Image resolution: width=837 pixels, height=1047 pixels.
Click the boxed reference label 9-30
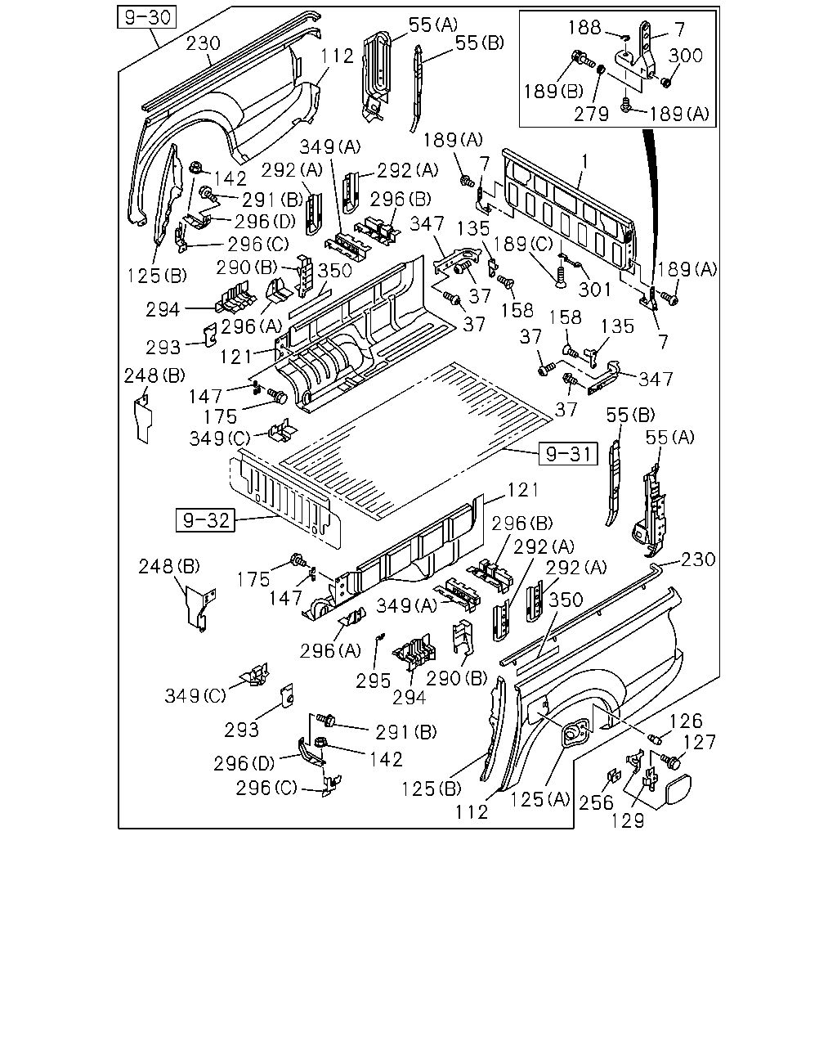pos(147,17)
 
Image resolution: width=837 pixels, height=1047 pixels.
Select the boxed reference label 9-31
pos(568,453)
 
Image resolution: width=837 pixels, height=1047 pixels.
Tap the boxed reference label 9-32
pos(205,520)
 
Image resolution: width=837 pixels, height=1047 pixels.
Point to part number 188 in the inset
pos(585,28)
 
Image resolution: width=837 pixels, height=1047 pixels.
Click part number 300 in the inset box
pos(686,56)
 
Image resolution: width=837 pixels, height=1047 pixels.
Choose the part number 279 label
pos(592,114)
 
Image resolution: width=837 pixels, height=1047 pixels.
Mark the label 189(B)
pos(553,91)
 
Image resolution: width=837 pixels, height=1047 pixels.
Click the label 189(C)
pos(524,245)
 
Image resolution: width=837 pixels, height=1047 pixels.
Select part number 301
pos(595,290)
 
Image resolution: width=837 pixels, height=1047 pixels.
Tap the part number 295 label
pos(373,681)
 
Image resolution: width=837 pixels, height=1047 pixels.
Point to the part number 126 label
pos(687,721)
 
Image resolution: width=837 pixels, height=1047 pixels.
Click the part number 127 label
pos(700,743)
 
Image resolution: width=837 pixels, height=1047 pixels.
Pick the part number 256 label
pos(596,802)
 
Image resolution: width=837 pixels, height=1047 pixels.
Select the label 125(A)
pos(539,799)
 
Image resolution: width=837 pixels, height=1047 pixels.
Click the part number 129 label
pos(628,820)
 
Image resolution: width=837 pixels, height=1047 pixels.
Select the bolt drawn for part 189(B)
pos(583,60)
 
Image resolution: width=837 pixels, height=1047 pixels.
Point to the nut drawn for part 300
pos(665,83)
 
